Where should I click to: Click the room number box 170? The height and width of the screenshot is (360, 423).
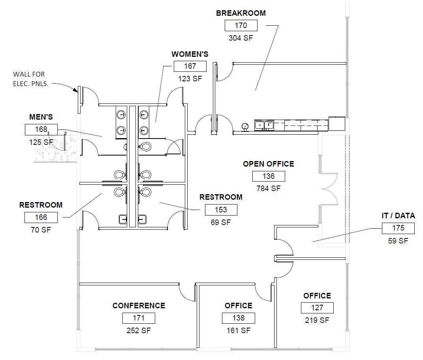point(241,26)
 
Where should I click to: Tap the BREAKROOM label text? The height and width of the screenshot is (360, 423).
point(241,13)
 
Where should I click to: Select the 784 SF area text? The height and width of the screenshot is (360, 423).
point(269,189)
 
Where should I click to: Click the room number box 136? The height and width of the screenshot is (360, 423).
point(269,176)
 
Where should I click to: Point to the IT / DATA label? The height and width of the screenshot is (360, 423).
point(398,216)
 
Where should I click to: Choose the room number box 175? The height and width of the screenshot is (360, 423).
point(398,228)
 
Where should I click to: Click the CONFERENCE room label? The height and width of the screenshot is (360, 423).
point(139,306)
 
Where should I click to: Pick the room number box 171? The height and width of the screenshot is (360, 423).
point(139,318)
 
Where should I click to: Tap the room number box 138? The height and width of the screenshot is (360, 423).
point(238,318)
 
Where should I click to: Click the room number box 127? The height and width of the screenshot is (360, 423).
point(317,308)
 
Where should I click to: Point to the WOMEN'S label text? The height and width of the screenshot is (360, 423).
point(190,54)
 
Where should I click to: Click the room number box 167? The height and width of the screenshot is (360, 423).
point(190,66)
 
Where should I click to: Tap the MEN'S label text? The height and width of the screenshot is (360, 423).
point(41,117)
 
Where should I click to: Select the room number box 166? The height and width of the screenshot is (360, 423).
point(41,217)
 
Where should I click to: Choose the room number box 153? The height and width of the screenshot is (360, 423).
point(221,210)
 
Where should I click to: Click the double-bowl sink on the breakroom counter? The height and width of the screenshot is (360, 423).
point(264,126)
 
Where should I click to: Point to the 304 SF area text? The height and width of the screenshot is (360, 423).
point(241,38)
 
